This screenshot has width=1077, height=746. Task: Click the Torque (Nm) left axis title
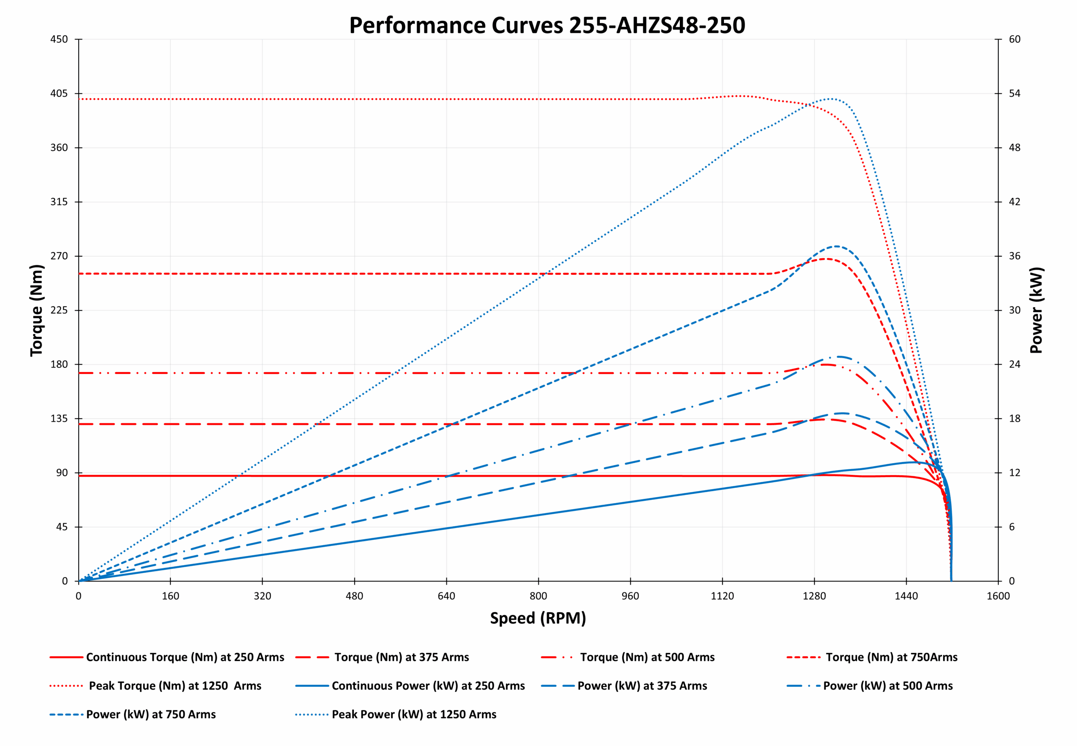37,311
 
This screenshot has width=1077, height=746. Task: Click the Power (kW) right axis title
1036,311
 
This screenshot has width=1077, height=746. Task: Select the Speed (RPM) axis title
538,618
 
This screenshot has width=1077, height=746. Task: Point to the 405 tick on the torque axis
59,93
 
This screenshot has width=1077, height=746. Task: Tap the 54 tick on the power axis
1014,93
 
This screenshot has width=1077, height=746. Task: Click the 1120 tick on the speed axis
722,596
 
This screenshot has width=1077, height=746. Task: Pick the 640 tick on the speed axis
446,596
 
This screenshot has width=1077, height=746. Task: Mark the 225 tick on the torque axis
59,311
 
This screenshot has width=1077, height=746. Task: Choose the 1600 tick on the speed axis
998,596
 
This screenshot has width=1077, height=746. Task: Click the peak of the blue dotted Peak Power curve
830,98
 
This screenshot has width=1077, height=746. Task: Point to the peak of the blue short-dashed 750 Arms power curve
836,246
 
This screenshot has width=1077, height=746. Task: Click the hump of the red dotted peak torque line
738,96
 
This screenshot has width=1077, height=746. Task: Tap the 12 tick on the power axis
1014,473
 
